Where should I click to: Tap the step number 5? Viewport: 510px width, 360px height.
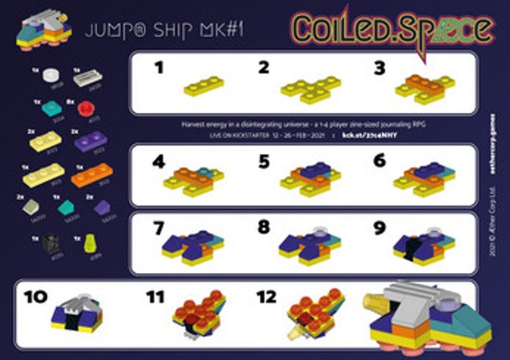[x=264, y=161]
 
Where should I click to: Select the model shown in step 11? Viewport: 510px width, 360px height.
[x=198, y=315]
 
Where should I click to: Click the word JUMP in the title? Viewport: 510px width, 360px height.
[x=108, y=31]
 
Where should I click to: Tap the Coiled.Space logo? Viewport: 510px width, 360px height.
[x=392, y=28]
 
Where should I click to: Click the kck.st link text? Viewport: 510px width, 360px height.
[x=368, y=132]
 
